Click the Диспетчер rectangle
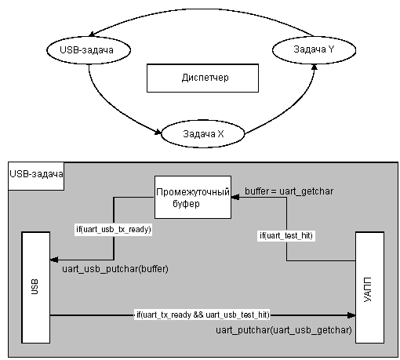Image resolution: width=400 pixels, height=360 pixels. pyautogui.click(x=202, y=78)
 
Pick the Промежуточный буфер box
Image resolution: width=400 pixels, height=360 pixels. pyautogui.click(x=193, y=197)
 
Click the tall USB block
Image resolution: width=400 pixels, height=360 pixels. pyautogui.click(x=35, y=287)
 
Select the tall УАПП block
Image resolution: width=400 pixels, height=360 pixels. pyautogui.click(x=369, y=287)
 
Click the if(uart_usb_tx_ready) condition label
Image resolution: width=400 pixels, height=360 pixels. pyautogui.click(x=114, y=230)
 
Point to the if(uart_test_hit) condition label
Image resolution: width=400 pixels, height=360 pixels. pyautogui.click(x=286, y=236)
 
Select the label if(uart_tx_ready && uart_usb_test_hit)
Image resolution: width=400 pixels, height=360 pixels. pyautogui.click(x=203, y=315)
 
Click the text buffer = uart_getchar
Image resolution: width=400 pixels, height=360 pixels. pyautogui.click(x=289, y=191)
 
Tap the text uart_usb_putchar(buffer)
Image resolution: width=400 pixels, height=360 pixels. pyautogui.click(x=115, y=269)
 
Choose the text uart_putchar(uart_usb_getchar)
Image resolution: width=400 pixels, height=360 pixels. pyautogui.click(x=284, y=330)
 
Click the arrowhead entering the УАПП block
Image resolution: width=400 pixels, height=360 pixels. pyautogui.click(x=351, y=315)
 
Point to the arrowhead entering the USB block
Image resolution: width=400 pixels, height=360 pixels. pyautogui.click(x=54, y=260)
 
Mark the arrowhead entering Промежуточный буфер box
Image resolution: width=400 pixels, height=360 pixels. pyautogui.click(x=235, y=197)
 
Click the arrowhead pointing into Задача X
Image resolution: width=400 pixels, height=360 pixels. pyautogui.click(x=158, y=132)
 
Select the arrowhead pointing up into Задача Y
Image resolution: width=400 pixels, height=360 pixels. pyautogui.click(x=315, y=67)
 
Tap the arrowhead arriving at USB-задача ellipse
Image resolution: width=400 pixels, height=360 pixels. pyautogui.click(x=92, y=34)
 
